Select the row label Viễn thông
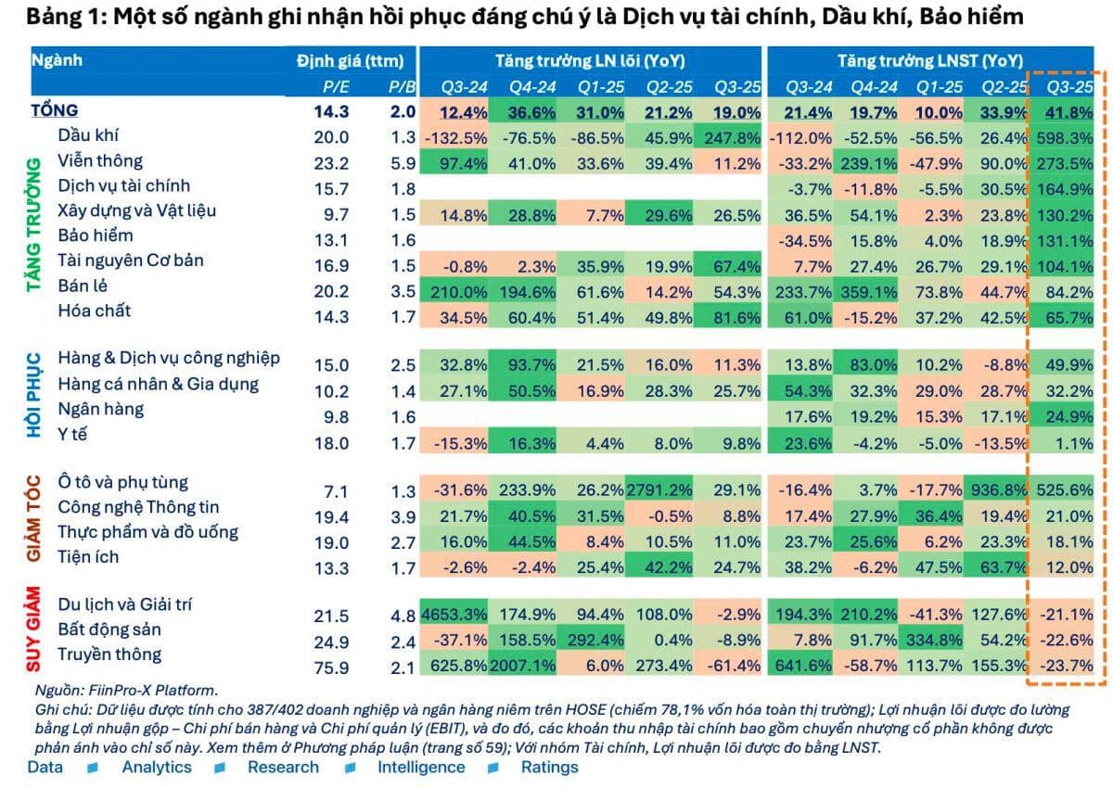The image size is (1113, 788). pos(94,160)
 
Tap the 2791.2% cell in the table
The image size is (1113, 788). pos(659,483)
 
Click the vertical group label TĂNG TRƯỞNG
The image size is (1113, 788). pos(34,225)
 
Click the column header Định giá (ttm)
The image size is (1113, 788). pos(350,61)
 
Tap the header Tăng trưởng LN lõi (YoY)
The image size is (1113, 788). pos(589,61)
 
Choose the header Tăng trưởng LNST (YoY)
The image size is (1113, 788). pos(930,61)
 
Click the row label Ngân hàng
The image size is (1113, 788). pos(100,409)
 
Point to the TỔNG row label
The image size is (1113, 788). pos(55,111)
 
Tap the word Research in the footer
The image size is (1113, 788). pos(283,767)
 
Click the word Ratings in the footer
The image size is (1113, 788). pos(549,767)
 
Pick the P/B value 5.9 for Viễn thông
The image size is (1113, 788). pos(397,162)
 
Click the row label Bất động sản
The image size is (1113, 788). pos(109,629)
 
